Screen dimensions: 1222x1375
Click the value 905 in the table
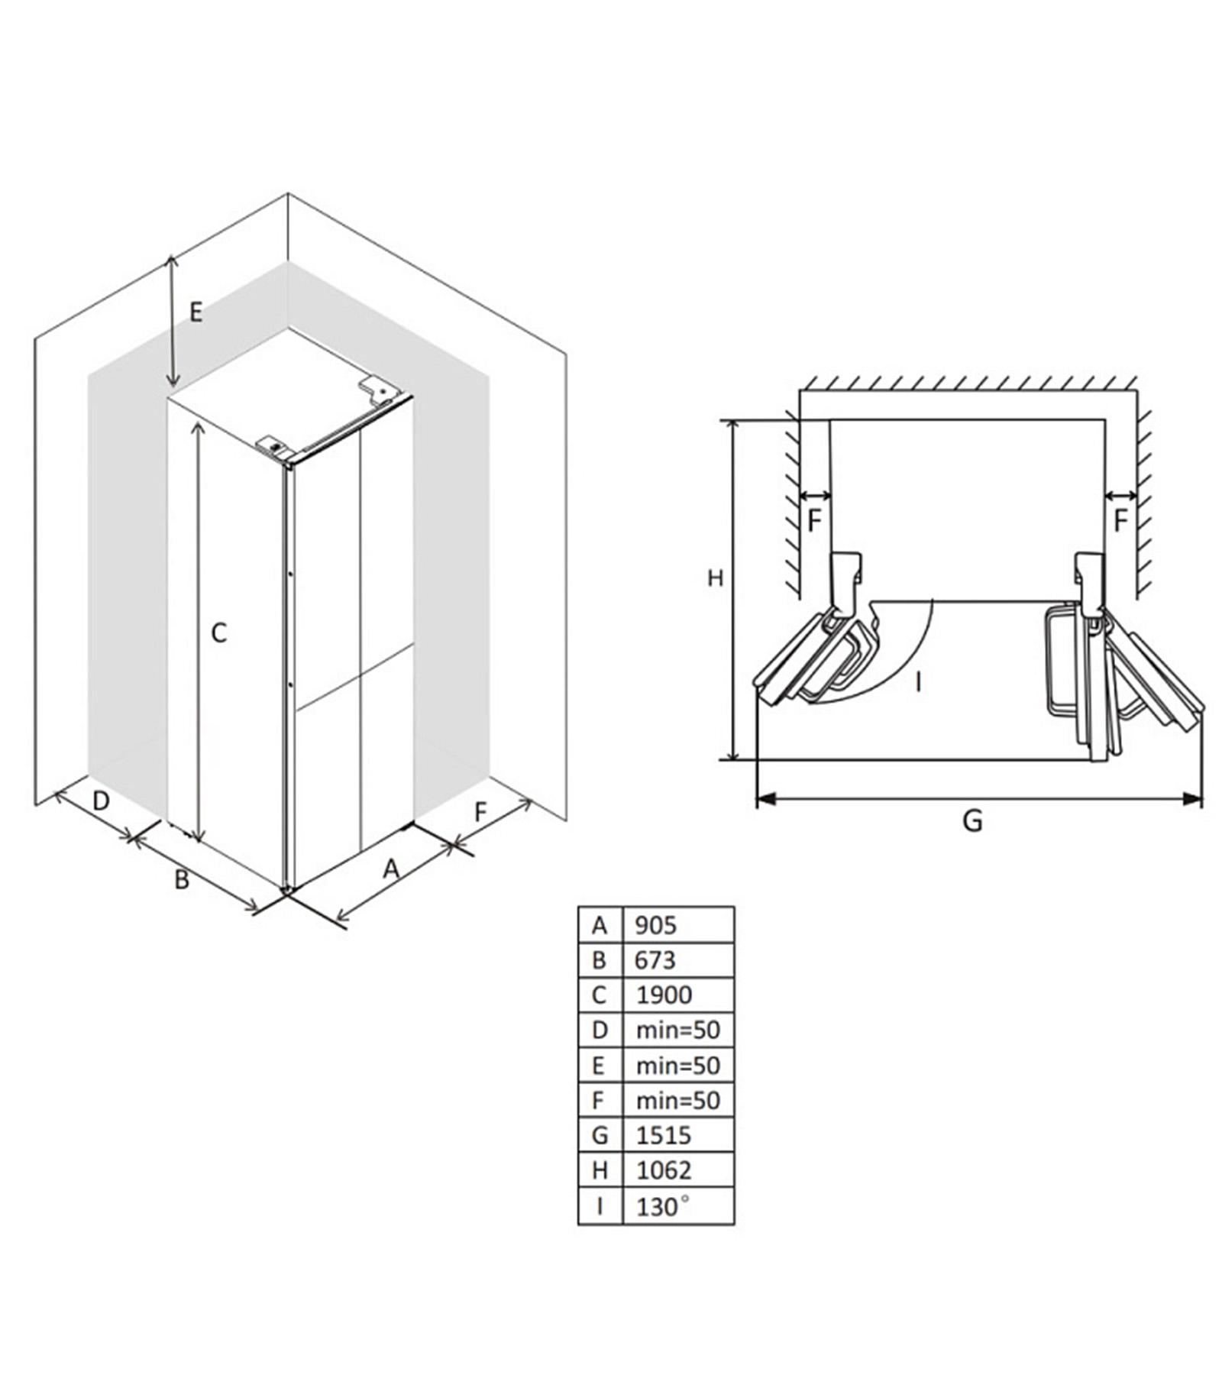coord(655,925)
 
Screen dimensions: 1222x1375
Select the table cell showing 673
coord(655,959)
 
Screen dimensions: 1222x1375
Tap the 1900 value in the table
coord(664,995)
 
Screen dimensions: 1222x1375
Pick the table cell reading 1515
coord(663,1135)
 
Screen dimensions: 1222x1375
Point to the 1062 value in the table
coord(663,1170)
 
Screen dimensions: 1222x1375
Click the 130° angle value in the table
coord(662,1206)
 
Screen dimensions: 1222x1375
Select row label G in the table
coord(600,1135)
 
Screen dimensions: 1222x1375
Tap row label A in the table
coord(600,925)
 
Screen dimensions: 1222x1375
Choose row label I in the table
coord(600,1206)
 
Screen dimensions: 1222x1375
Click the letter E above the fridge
coord(196,312)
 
